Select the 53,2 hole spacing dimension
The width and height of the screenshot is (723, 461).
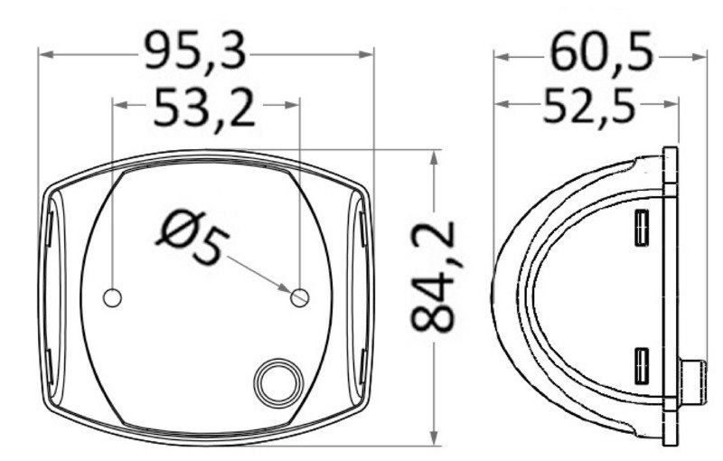click(204, 108)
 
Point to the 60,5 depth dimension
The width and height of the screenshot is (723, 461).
click(600, 53)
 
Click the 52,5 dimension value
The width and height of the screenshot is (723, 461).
click(588, 108)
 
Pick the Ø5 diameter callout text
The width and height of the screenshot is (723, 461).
click(192, 237)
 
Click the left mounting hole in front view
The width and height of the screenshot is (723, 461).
click(113, 296)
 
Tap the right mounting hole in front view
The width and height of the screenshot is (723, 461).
click(300, 296)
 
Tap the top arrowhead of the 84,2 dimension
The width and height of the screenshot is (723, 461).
click(436, 156)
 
